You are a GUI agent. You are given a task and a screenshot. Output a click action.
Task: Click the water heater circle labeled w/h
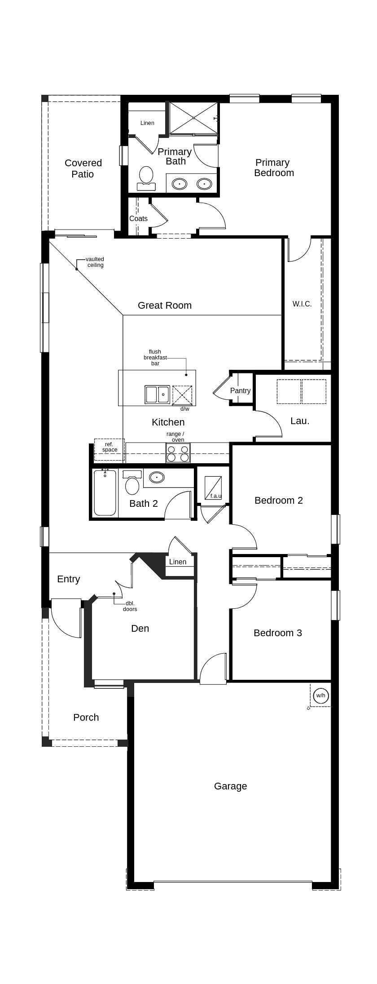point(320,696)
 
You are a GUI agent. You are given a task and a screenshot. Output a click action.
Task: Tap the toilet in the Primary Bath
point(146,177)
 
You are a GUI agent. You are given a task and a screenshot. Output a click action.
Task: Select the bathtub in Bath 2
point(105,493)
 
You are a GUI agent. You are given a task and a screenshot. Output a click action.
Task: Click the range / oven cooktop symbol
point(178,452)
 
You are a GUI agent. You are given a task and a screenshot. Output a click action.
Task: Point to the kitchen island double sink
point(157,394)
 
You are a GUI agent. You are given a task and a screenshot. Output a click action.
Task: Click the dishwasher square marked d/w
point(182,395)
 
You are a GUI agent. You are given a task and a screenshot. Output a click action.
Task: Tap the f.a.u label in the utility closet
point(216,496)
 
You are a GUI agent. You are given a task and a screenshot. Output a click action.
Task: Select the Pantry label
point(240,390)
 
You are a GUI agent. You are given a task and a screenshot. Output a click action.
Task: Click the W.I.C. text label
point(302,304)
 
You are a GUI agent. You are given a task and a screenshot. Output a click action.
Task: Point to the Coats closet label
point(138,218)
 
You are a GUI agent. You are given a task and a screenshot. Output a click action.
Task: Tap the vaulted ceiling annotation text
point(95,262)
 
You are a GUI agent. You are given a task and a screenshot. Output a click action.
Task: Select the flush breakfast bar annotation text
point(155,358)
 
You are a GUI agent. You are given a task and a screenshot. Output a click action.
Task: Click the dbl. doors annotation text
point(130,606)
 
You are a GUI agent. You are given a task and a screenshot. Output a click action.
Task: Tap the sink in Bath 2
point(157,477)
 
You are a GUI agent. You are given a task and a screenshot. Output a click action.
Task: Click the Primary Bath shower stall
point(193,118)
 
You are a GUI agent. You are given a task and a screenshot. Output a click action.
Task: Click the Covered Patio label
point(83,168)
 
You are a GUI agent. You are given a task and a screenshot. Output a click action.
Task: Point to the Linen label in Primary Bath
point(147,123)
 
